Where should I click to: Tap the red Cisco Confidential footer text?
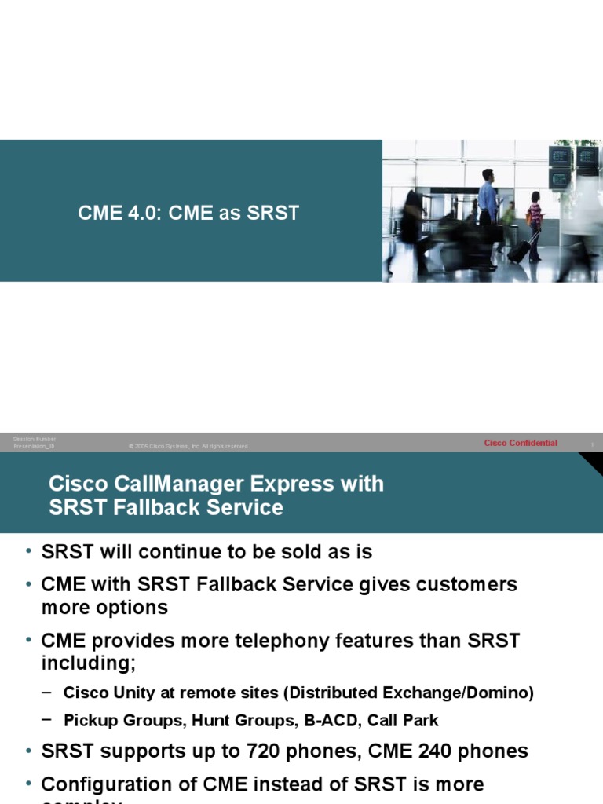pos(521,444)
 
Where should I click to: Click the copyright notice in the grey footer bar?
pos(188,446)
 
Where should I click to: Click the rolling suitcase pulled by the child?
pos(519,250)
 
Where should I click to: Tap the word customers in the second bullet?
pos(470,584)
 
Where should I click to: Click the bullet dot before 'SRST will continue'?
pos(28,551)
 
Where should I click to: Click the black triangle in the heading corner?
pos(594,462)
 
